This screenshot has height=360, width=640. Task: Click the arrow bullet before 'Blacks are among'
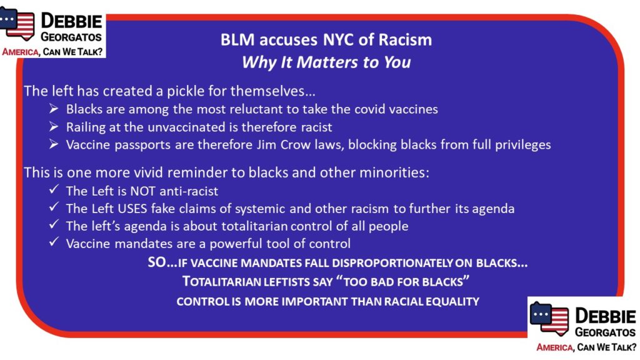[54, 109]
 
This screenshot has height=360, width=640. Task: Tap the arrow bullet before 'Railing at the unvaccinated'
[54, 127]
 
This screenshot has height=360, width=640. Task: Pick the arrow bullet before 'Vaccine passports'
[54, 144]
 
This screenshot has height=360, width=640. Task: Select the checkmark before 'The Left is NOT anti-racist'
[54, 189]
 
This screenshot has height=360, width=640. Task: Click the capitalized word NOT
[143, 191]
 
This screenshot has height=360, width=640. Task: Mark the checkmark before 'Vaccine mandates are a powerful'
[54, 242]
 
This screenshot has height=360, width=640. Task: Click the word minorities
[394, 172]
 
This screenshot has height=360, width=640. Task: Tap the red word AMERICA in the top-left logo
[21, 52]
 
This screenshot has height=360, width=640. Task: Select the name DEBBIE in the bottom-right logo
[605, 317]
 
